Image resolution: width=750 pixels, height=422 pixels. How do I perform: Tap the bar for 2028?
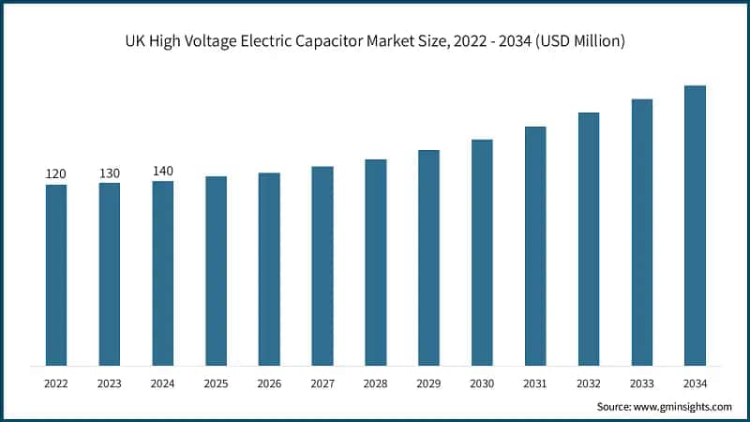[376, 262]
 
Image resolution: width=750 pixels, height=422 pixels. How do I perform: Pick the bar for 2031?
[535, 246]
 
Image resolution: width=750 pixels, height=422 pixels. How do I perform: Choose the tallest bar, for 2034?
[695, 225]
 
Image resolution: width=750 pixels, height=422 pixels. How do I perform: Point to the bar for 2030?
[482, 252]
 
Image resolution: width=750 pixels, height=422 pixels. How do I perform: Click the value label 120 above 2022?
[56, 174]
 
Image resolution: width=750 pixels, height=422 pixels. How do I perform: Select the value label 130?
[110, 173]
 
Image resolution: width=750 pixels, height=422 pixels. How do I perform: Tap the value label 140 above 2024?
[163, 171]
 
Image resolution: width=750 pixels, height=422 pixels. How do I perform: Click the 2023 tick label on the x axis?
[110, 383]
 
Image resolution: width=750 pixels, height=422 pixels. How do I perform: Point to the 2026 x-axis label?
[269, 383]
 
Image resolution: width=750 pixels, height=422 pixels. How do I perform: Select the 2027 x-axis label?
[322, 383]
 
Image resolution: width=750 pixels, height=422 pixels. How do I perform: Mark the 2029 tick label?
[428, 383]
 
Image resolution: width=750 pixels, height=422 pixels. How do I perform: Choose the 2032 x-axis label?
[589, 383]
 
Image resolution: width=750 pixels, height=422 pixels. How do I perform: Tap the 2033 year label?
[641, 383]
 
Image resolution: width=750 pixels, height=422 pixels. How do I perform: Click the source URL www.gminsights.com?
[683, 406]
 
